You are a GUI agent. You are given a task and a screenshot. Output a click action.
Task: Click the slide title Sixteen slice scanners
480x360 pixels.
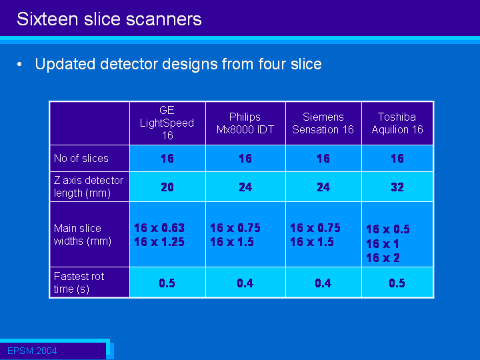[109, 19]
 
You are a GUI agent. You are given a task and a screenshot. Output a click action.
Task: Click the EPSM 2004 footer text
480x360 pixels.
[32, 351]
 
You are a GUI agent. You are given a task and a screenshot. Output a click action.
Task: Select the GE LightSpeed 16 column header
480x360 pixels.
[167, 123]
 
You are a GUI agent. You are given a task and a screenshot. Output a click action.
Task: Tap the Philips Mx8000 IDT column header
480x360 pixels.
[245, 123]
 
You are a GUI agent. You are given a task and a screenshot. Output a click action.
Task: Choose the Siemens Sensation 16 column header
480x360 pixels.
[323, 123]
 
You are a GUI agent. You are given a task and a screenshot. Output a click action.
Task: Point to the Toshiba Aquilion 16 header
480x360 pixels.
[397, 123]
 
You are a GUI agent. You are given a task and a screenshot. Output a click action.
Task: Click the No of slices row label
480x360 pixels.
[81, 158]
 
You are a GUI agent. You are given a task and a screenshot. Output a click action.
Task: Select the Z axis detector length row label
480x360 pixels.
[89, 187]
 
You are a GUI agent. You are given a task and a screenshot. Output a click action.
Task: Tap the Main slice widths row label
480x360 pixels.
[83, 235]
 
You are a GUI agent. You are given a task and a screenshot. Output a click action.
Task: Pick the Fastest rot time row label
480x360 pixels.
[79, 283]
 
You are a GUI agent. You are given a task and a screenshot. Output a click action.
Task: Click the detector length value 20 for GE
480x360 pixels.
[167, 187]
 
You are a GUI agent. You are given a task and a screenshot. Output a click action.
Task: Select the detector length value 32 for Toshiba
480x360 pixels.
[397, 187]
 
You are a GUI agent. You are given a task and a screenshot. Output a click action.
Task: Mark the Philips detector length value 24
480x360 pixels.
[245, 187]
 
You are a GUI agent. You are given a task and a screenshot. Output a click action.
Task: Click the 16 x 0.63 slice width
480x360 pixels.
[159, 228]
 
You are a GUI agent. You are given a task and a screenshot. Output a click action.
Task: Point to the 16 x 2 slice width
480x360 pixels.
[383, 258]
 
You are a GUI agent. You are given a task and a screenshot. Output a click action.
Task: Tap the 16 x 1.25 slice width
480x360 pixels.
[159, 242]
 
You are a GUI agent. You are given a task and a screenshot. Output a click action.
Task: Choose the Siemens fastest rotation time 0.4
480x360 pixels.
[323, 283]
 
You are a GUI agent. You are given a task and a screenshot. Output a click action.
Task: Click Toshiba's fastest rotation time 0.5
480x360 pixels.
[397, 283]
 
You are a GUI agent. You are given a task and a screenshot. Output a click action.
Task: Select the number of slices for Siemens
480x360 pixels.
[323, 159]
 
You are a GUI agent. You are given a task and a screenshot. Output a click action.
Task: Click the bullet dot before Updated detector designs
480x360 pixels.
[19, 64]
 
